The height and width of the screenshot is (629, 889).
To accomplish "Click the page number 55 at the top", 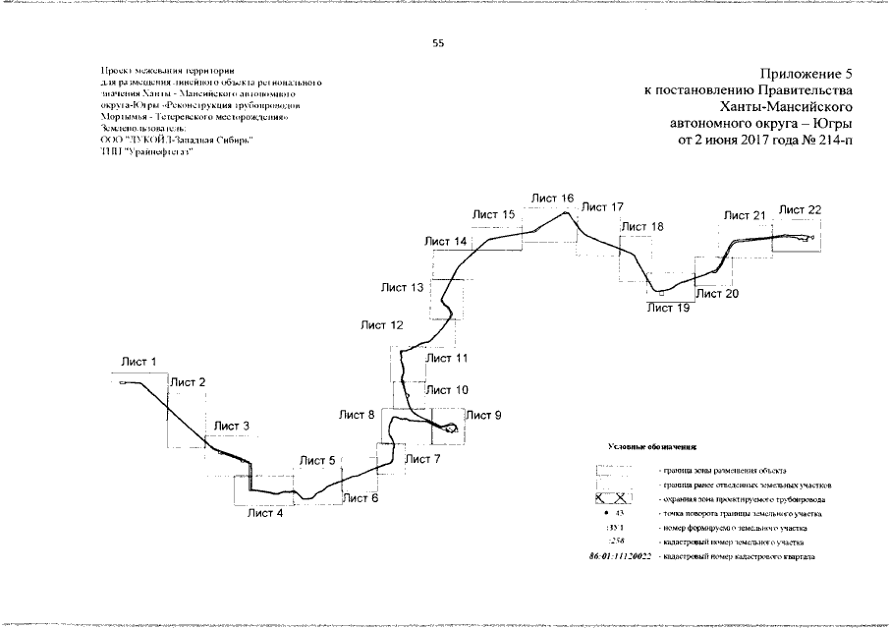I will (x=438, y=42).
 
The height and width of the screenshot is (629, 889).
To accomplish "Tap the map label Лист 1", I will (x=139, y=363).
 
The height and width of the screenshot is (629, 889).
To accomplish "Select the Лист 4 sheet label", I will (x=265, y=512).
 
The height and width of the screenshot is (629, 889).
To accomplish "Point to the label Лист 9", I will (x=483, y=416).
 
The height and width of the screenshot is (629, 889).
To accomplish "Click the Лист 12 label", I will (x=382, y=324).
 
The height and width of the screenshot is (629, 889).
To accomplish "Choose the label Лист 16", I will (x=553, y=199).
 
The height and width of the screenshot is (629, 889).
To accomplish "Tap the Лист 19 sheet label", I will (x=668, y=308).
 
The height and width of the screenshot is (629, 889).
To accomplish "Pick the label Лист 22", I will (x=801, y=209).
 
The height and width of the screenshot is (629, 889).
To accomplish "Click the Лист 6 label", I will (x=361, y=498).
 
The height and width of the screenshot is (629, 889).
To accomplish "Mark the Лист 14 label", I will (x=446, y=242).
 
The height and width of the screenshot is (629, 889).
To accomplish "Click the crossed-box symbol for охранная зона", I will (x=616, y=499).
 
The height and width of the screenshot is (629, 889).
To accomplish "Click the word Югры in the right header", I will (x=830, y=124).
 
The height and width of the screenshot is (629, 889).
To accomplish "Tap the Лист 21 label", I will (x=745, y=215).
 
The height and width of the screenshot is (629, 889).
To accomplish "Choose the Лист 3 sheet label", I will (x=232, y=426).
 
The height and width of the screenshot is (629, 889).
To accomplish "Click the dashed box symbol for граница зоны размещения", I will (x=616, y=471).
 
